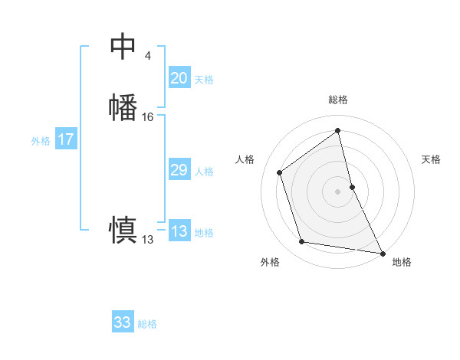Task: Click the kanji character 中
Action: [x=123, y=47]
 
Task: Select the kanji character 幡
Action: [x=123, y=107]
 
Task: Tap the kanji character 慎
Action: [x=123, y=230]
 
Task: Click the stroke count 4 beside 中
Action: [x=147, y=56]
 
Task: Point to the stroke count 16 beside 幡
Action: [x=148, y=117]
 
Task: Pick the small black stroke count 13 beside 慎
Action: [x=147, y=240]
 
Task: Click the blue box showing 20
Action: [x=179, y=78]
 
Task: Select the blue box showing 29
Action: [x=179, y=170]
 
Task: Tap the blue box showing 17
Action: [x=65, y=139]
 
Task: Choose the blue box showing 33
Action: [x=123, y=322]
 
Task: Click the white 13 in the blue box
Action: [x=179, y=231]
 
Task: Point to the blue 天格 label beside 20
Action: [x=204, y=80]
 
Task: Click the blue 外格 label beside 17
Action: [x=41, y=141]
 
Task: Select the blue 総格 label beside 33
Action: [x=147, y=324]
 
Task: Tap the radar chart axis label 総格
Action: [x=338, y=100]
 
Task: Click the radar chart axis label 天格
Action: [x=432, y=159]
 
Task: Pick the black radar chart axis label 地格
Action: [x=402, y=262]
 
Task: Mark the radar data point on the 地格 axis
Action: [x=383, y=252]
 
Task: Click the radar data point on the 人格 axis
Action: [x=280, y=172]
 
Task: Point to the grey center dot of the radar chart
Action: [x=338, y=191]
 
